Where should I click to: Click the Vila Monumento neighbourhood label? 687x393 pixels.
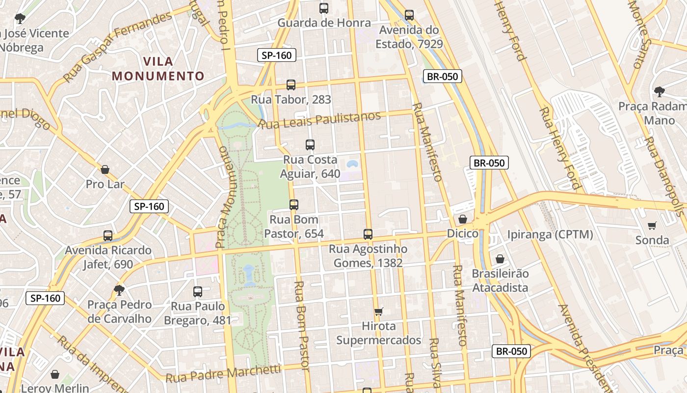pos(158,69)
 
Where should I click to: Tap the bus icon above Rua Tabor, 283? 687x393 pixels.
pos(291,85)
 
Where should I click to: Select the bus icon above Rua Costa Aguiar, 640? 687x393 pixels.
pos(310,145)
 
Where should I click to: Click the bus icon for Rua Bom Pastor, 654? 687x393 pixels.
pos(294,205)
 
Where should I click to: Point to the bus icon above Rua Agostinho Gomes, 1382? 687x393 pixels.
pos(368,234)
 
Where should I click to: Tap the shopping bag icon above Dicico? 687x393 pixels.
pos(462,219)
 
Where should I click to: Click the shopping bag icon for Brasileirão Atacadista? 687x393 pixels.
pos(500,259)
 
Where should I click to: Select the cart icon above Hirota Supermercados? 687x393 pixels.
pos(378,311)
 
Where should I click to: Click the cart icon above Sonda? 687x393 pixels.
pos(652,226)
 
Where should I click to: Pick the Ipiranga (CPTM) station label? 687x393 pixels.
pos(550,234)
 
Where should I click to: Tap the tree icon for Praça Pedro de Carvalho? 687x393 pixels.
pos(119,290)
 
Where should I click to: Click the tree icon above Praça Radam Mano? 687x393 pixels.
pos(660,91)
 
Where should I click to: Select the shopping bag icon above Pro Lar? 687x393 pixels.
pos(105,170)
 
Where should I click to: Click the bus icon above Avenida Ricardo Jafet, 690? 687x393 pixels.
pos(108,236)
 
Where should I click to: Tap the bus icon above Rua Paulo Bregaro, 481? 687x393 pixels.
pos(198,292)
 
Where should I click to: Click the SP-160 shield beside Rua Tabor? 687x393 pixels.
pos(277,56)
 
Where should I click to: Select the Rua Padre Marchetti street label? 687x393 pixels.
pos(223,373)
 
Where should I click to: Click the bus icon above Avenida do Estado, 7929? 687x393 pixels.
pos(409,15)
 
